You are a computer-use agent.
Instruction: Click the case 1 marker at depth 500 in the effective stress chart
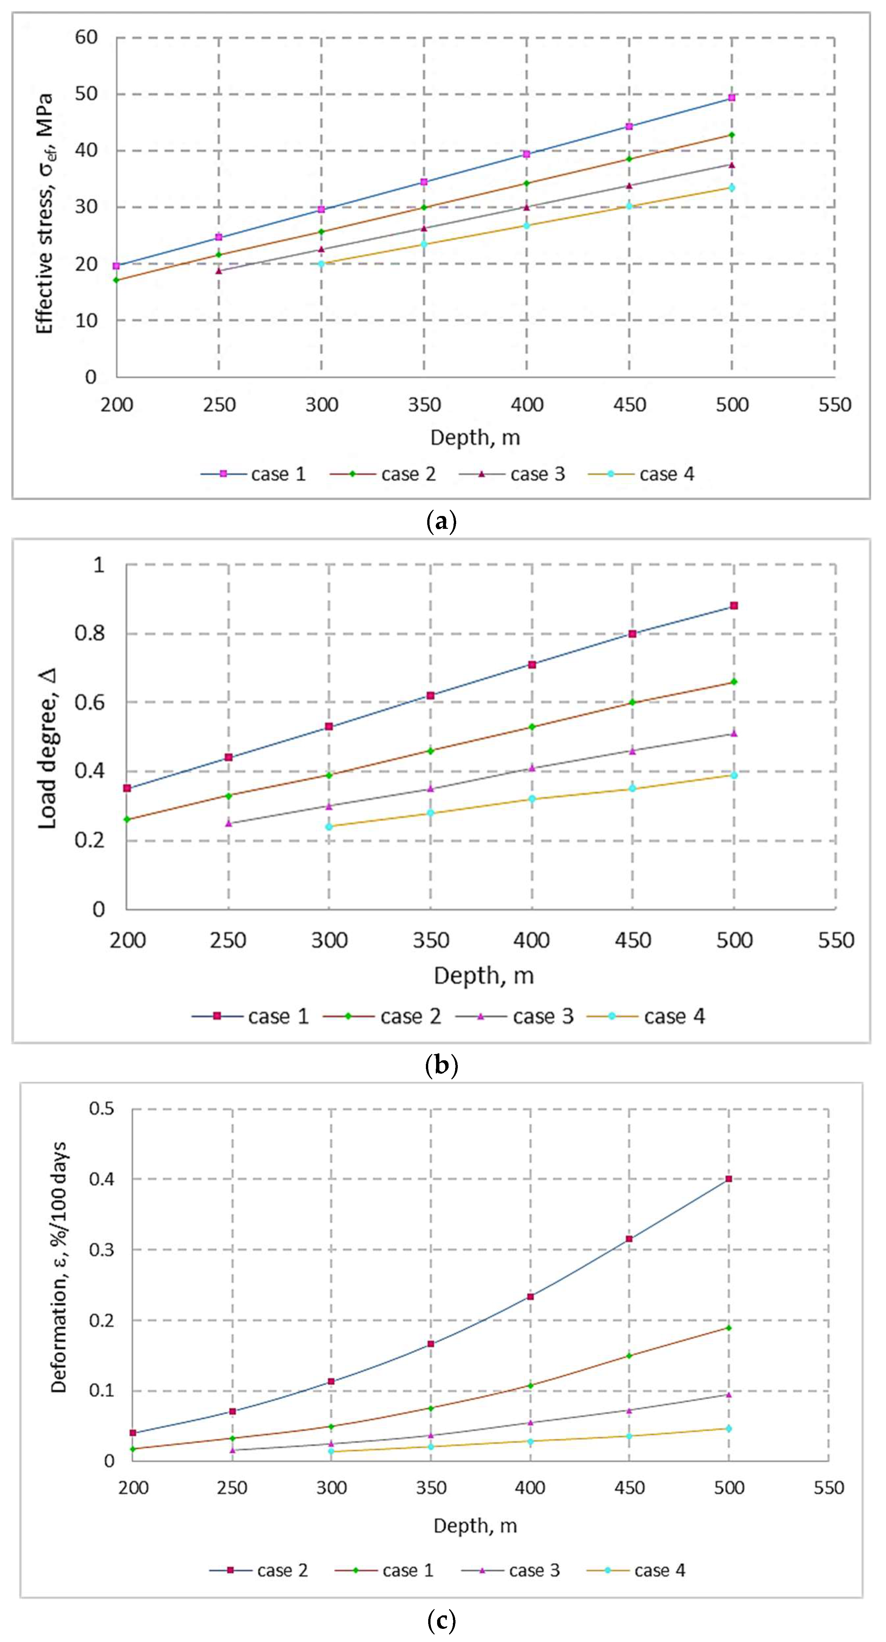coord(732,98)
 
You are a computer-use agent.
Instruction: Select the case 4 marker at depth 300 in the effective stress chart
coord(321,263)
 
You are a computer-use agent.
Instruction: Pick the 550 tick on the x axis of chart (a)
coord(834,405)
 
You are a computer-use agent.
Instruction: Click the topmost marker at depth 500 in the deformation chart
coord(728,1179)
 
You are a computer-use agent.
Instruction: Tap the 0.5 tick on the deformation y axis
coord(102,1109)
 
